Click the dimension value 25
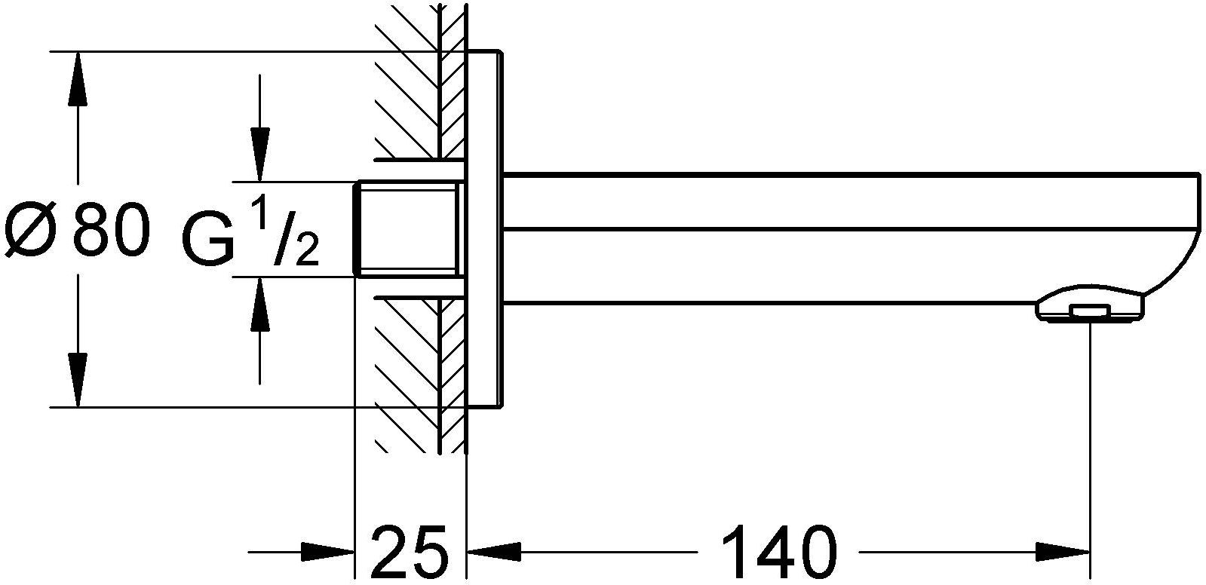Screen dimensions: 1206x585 410,550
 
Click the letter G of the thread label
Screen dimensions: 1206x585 208,240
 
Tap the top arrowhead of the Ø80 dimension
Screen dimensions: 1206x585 78,78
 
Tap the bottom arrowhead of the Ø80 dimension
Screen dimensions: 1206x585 78,381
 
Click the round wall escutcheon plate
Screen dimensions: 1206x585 484,229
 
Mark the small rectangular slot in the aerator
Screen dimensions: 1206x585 1090,311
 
